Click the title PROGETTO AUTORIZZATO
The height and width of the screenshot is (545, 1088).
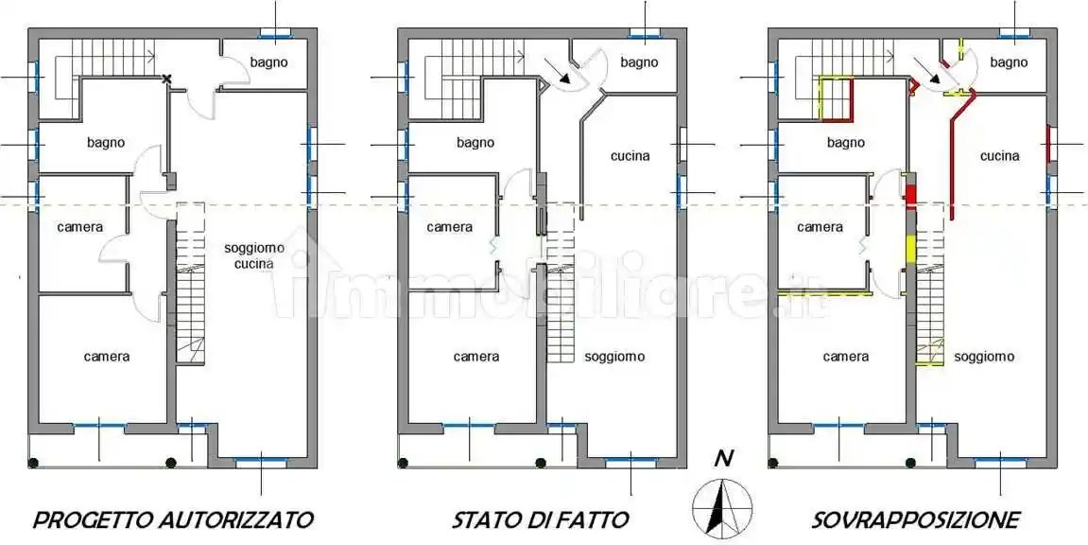pos(173,519)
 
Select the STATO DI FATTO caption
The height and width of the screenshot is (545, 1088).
pos(540,519)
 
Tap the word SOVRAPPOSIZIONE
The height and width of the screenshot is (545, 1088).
pos(915,519)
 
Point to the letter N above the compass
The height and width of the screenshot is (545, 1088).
pos(723,460)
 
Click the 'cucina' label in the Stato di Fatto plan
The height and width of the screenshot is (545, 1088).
pos(630,155)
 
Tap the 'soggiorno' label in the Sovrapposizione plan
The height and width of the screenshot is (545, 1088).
pos(984,357)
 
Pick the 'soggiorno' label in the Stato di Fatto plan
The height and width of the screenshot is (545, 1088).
pos(614,357)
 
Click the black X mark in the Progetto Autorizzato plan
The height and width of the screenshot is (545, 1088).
pos(167,79)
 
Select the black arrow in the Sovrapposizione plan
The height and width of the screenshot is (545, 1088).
pos(938,79)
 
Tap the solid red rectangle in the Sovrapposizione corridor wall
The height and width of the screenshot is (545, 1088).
pos(911,197)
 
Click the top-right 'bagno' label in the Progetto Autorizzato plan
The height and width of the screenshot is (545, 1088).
pos(269,62)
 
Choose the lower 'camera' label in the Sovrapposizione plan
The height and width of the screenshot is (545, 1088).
pos(845,357)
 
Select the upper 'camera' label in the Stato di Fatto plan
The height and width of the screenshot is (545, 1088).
pos(449,227)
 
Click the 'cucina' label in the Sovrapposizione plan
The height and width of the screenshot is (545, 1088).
pos(999,155)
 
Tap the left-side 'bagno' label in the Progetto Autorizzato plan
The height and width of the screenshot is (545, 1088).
pos(106,143)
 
